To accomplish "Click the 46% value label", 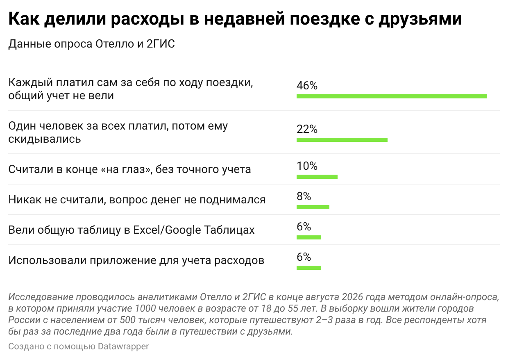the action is pos(307,86).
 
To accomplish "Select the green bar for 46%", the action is pos(391,96).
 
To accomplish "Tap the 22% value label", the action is pos(307,129).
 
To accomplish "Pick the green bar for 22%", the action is pos(342,140).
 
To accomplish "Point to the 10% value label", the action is pos(307,166).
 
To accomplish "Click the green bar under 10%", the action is pos(317,177).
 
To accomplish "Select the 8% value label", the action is pos(304,196).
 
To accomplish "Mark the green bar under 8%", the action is pos(313,207).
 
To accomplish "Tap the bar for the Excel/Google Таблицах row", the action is pos(309,237).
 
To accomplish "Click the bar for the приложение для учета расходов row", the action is pos(309,268).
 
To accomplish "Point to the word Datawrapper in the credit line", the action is pos(123,346).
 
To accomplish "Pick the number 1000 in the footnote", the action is pos(145,309).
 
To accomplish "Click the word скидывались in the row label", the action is pos(44,139).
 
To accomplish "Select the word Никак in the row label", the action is pos(25,200).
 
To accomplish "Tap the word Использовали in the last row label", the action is pos(48,260).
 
